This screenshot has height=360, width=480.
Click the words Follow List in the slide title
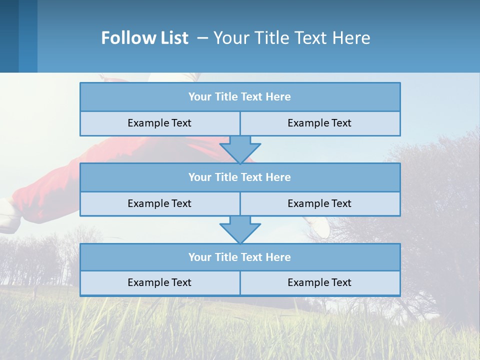tap(144, 38)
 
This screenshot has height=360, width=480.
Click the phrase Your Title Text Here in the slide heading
tap(292, 38)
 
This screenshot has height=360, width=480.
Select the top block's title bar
tap(240, 97)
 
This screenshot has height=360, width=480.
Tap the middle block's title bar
tap(240, 177)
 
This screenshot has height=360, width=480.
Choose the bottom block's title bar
tap(240, 257)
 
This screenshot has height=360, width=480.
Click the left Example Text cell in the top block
tap(159, 123)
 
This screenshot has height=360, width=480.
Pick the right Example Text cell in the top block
tap(320, 123)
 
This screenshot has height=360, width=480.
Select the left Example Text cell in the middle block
tap(159, 204)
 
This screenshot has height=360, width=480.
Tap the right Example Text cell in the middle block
tap(320, 204)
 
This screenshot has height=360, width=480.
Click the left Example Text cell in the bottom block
tap(159, 283)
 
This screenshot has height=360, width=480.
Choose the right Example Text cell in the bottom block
tap(320, 283)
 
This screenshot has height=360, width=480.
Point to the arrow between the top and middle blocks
tap(240, 149)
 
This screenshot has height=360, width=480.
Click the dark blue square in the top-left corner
tap(9, 36)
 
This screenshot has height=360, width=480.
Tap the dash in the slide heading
tap(203, 38)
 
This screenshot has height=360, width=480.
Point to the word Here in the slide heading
tap(352, 38)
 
